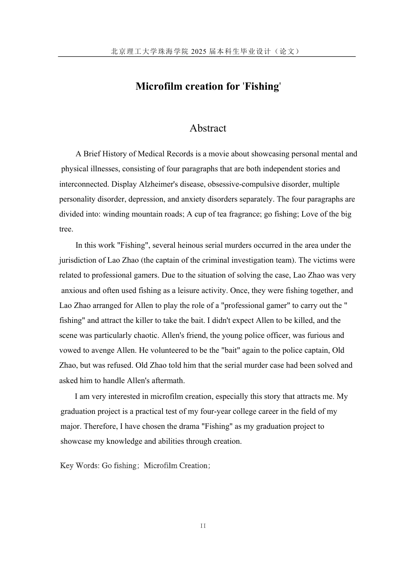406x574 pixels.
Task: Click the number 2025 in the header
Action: [199, 51]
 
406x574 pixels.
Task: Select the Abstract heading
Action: [208, 128]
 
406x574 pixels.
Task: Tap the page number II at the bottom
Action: [203, 526]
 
